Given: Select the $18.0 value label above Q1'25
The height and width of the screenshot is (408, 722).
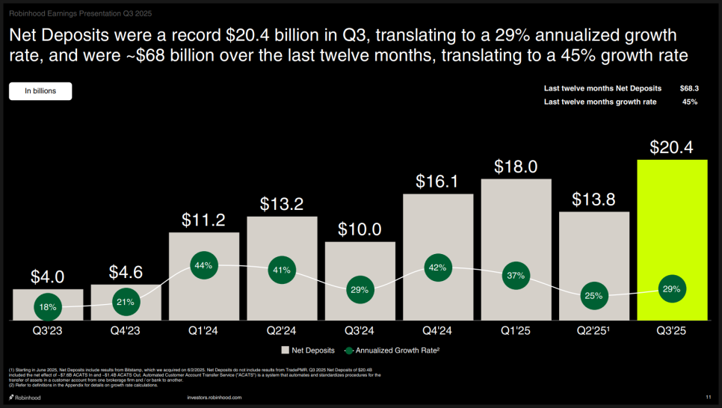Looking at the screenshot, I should point(516,167).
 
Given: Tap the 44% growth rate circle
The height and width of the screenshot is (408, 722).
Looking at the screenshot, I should point(204,265).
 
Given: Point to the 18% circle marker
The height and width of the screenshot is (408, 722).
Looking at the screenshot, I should point(48,307).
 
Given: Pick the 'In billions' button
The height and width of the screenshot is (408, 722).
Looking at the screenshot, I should point(40,91).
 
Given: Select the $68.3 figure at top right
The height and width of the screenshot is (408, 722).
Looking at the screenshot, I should point(688,88).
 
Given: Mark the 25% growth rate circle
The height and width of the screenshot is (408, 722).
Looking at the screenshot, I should point(594,296).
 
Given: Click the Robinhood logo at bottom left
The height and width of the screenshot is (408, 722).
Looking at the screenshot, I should point(25,398).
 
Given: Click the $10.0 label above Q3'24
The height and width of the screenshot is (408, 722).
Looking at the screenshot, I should point(360,229).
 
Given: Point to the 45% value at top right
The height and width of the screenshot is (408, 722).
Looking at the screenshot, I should point(690,102).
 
